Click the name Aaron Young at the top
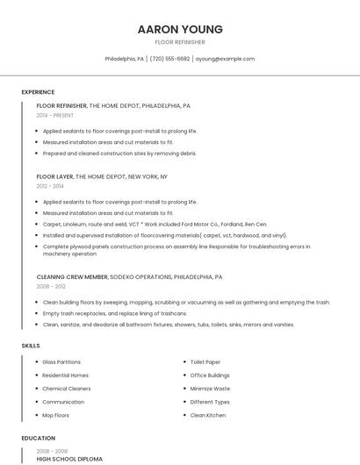click(x=180, y=29)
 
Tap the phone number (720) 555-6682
click(x=169, y=59)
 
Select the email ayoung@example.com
click(x=225, y=59)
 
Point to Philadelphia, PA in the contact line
click(x=125, y=59)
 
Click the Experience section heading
click(x=38, y=91)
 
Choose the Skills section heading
click(x=31, y=346)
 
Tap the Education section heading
click(x=37, y=437)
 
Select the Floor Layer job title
click(x=54, y=176)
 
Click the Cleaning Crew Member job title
click(x=72, y=276)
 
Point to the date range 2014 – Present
click(x=55, y=115)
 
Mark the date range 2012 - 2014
click(x=50, y=186)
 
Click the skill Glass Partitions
click(x=61, y=361)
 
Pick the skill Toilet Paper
click(x=205, y=361)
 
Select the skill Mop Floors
click(x=56, y=415)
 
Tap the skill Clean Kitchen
click(x=208, y=415)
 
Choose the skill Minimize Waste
click(x=210, y=388)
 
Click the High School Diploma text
click(x=69, y=459)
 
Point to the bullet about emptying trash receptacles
click(x=114, y=313)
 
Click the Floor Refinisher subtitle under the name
click(x=180, y=42)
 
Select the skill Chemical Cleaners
click(x=66, y=388)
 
